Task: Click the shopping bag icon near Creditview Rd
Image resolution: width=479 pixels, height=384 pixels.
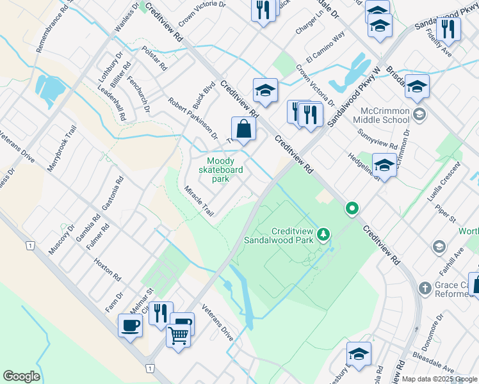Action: click(244, 129)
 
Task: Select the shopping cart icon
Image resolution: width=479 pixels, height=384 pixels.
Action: click(179, 335)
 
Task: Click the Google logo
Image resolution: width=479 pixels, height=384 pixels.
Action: click(21, 376)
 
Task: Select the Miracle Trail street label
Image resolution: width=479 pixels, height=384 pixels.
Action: click(199, 201)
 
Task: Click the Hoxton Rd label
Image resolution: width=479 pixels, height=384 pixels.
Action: click(107, 269)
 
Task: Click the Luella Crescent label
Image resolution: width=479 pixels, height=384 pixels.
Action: click(446, 183)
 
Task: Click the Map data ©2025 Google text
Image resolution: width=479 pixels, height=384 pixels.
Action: click(439, 379)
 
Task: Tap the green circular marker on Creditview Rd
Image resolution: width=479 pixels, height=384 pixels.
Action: click(352, 208)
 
